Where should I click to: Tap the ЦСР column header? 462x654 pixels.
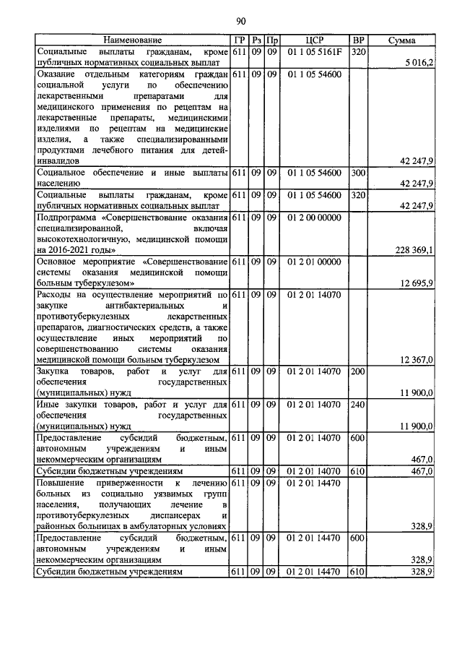coord(315,40)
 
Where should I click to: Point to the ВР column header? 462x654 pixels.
coord(357,40)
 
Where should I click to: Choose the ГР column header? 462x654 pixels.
coord(240,40)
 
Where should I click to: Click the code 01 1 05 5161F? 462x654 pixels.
coord(315,52)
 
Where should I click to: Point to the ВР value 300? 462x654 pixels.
coord(357,173)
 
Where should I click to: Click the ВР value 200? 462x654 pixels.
coord(357,371)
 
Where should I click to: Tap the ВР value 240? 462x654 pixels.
coord(357,405)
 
